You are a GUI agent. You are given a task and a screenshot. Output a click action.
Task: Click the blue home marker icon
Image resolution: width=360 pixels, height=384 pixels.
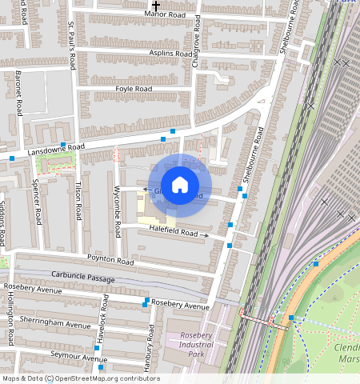click(180, 185)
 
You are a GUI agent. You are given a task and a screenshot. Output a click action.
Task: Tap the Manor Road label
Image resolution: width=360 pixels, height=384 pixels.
click(165, 14)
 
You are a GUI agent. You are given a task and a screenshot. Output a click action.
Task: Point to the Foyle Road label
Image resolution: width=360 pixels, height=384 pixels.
click(134, 88)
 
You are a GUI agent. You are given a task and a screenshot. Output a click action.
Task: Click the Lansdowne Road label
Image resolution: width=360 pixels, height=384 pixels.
click(56, 148)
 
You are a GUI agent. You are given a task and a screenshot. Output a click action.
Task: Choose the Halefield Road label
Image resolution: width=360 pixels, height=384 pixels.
click(173, 232)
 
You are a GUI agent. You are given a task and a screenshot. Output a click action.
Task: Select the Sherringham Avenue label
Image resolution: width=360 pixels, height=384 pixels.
click(56, 325)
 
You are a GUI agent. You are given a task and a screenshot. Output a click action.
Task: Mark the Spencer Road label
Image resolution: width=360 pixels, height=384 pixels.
click(36, 206)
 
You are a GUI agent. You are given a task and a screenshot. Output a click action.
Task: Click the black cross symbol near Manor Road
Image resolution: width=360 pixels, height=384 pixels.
click(156, 5)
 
